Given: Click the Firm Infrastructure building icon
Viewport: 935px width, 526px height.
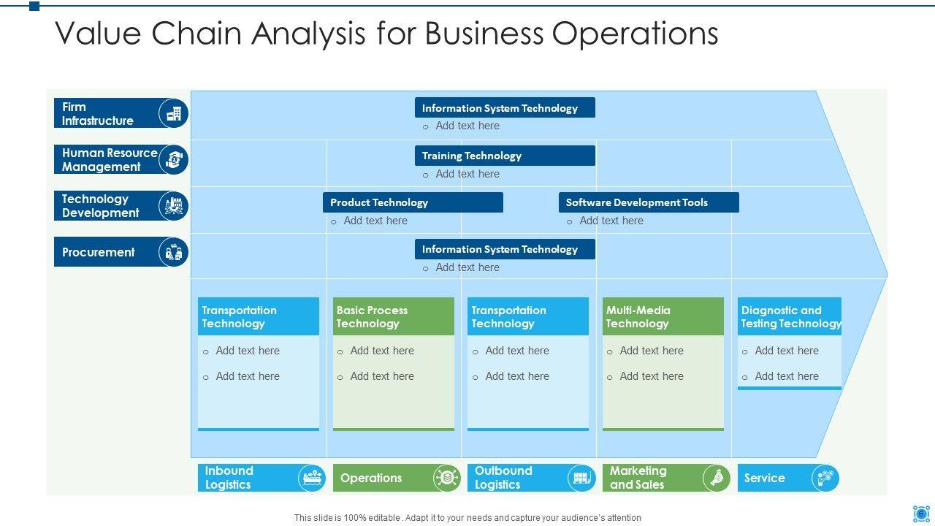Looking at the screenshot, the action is click(x=174, y=113).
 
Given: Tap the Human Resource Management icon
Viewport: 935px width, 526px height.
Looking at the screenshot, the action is click(x=174, y=159).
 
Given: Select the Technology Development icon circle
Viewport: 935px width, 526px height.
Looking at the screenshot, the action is click(x=174, y=206).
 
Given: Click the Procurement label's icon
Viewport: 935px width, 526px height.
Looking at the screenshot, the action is click(x=174, y=252).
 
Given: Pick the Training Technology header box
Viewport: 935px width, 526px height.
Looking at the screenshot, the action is click(x=505, y=156).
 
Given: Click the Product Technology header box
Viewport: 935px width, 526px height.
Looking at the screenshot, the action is click(x=413, y=202).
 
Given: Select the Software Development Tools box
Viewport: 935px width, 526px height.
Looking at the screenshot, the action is click(x=649, y=202).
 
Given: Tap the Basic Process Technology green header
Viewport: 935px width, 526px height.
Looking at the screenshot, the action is click(x=393, y=316).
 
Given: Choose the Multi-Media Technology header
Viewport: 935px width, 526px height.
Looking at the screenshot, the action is click(x=663, y=316).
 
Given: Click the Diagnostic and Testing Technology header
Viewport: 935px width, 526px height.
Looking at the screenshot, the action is click(x=790, y=316).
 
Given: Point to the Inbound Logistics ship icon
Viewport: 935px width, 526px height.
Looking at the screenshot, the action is click(x=312, y=478).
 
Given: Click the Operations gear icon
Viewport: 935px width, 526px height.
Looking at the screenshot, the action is click(x=447, y=478).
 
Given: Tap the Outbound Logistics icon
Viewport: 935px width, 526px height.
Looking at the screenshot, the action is click(x=581, y=478).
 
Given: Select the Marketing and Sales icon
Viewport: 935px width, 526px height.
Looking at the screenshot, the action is click(x=717, y=478).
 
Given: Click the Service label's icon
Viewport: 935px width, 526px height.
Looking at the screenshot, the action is click(x=825, y=478).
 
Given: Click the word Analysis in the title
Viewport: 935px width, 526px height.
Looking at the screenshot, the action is click(x=309, y=34).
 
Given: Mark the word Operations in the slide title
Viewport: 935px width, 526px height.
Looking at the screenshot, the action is click(x=636, y=34).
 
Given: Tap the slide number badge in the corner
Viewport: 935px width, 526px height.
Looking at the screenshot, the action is click(x=921, y=514).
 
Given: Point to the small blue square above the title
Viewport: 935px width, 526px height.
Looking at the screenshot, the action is click(x=34, y=6).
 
